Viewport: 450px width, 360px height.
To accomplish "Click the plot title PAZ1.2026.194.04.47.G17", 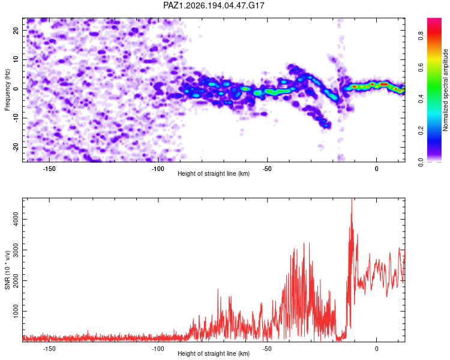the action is (214, 5).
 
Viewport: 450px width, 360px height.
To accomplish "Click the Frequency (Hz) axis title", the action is (7, 90).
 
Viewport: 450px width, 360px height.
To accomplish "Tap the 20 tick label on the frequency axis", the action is (16, 30).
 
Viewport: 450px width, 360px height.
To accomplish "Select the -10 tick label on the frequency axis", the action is (16, 118).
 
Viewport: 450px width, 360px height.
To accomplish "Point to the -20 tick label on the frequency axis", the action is (16, 147).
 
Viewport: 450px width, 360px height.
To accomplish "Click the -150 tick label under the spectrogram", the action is (49, 169).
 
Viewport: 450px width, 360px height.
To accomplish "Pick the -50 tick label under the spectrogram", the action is (267, 169).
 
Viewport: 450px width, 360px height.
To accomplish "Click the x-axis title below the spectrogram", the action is (214, 173).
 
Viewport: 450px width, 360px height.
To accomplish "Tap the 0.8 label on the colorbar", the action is (421, 35).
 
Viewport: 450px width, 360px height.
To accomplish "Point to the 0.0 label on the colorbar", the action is (421, 162).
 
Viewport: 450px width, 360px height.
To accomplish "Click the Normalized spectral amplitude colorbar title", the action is (445, 90).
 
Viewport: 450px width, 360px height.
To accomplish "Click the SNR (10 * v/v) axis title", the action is (7, 270).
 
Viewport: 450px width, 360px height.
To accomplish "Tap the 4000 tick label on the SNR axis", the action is (16, 219).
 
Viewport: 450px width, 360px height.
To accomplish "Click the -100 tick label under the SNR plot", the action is (158, 349).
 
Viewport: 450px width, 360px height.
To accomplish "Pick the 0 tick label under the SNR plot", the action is (377, 349).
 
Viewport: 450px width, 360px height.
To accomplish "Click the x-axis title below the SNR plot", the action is (214, 353).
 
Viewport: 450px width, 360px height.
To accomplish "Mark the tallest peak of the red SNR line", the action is (352, 199).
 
